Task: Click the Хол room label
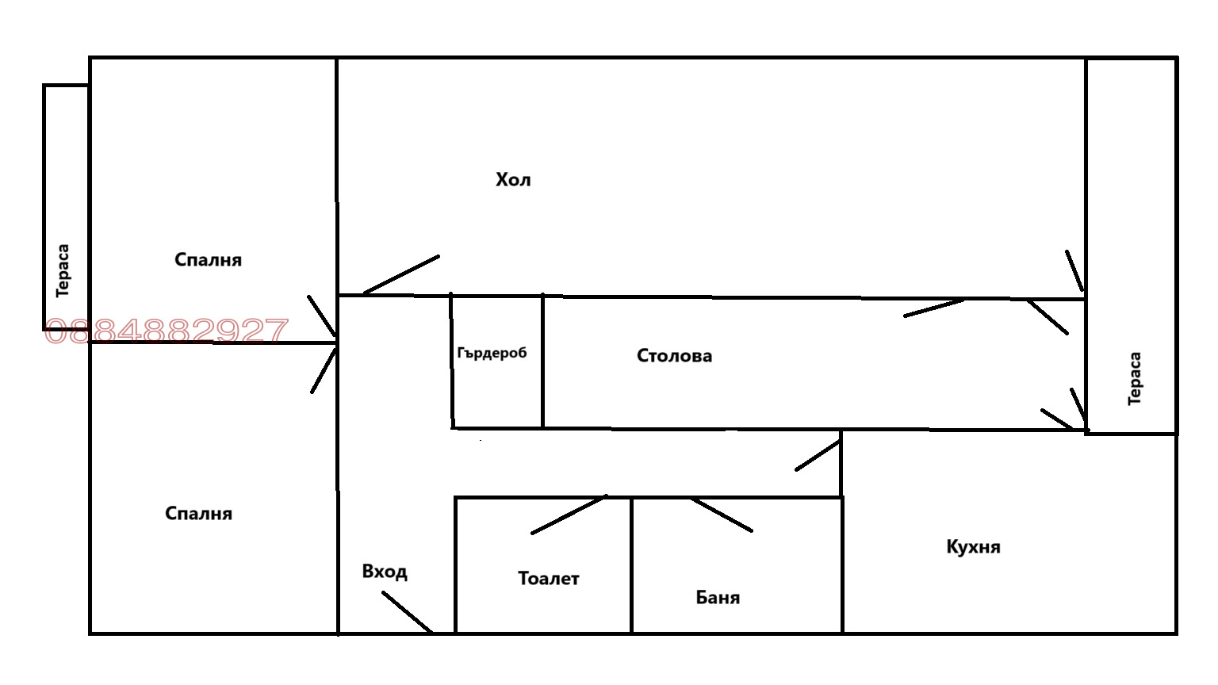513,180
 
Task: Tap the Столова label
674,356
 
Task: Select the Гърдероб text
492,353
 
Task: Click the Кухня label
973,547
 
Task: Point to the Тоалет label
548,579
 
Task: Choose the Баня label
718,598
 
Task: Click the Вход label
385,572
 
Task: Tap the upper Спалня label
208,260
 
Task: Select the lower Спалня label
198,514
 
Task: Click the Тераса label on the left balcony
63,270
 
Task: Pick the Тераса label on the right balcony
1135,379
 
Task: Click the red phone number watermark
167,331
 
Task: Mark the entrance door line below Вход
407,612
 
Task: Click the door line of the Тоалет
569,515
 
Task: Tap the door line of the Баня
722,515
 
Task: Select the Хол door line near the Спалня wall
401,274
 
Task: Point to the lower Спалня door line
324,369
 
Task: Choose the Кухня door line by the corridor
818,456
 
